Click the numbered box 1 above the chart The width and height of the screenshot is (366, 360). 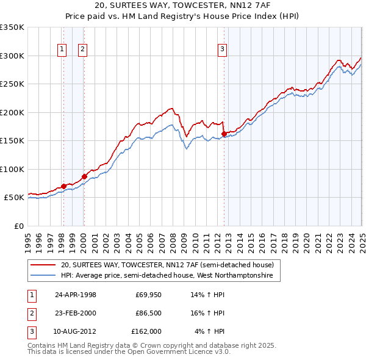pos(62,50)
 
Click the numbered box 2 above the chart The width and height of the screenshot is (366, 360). pos(82,50)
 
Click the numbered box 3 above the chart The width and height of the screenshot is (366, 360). pos(223,50)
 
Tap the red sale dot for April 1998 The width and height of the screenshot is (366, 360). pos(63,186)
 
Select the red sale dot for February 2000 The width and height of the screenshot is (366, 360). pos(84,176)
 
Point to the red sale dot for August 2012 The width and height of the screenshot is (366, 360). pos(224,134)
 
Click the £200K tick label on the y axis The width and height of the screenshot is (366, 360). pos(12,112)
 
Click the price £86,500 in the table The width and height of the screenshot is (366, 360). pos(148,313)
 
